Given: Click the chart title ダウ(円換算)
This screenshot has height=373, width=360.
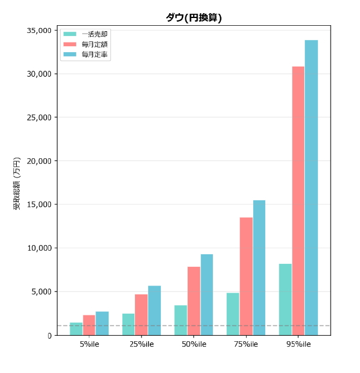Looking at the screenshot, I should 194,18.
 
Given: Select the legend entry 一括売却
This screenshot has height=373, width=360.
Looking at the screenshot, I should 95,35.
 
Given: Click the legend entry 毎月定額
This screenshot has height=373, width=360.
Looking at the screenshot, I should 95,44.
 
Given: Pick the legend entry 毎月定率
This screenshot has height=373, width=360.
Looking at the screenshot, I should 95,55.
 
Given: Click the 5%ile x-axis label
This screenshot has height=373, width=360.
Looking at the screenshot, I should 89,344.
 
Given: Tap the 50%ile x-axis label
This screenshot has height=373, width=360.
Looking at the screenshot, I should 194,344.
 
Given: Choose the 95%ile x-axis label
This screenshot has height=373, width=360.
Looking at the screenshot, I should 298,344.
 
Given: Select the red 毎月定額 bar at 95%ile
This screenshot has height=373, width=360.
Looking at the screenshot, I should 298,200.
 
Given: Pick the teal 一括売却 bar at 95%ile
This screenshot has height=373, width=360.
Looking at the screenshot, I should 285,299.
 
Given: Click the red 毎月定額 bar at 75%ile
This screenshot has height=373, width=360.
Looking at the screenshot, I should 246,276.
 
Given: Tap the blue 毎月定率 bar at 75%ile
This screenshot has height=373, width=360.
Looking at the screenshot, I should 259,267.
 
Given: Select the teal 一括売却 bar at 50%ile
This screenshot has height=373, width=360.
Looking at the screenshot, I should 181,320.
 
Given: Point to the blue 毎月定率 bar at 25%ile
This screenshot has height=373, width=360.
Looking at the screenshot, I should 154,310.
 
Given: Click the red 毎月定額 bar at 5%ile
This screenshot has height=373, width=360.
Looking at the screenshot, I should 89,325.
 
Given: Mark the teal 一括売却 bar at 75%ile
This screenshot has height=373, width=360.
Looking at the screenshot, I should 233,314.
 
